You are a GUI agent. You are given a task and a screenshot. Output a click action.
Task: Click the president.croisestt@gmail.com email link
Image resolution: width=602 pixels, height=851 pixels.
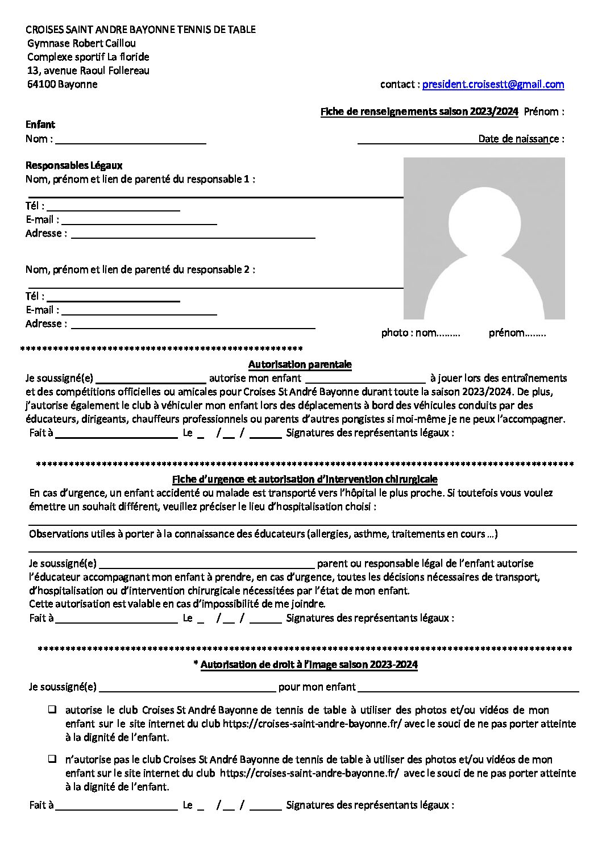tap(493, 84)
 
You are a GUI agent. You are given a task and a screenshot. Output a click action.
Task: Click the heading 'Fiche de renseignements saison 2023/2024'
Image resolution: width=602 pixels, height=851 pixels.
tap(419, 111)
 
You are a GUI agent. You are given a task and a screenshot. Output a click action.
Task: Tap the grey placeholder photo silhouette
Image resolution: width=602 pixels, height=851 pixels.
tap(484, 238)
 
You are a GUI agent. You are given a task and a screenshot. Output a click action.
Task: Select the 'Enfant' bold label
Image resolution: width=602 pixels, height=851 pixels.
tap(40, 124)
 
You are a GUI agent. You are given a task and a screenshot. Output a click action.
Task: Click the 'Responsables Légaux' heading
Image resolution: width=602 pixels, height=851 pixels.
tap(74, 165)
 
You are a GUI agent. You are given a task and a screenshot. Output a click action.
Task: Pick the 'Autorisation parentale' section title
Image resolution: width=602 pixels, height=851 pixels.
tap(300, 364)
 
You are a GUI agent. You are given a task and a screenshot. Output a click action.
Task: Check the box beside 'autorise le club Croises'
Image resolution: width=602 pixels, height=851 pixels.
tap(52, 709)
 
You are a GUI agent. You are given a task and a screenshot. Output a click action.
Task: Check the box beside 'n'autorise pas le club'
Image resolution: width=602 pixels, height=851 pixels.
tap(52, 759)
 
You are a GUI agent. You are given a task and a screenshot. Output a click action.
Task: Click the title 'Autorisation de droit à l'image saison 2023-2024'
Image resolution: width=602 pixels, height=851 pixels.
tap(309, 664)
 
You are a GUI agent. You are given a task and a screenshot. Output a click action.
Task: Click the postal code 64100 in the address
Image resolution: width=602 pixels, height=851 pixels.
tap(41, 84)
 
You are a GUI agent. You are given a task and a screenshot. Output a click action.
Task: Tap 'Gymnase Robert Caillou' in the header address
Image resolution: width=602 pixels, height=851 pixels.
tap(81, 43)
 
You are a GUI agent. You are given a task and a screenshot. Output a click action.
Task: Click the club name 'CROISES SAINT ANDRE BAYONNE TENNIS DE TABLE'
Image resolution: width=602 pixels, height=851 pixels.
tap(141, 30)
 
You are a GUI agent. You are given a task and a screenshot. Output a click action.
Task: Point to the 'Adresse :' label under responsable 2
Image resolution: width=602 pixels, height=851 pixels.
tap(46, 323)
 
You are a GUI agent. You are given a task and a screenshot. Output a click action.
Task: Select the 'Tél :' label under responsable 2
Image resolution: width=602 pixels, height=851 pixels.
tap(35, 296)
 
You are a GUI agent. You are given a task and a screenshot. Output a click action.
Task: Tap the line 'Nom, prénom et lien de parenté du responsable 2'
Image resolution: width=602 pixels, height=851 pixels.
tap(140, 269)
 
